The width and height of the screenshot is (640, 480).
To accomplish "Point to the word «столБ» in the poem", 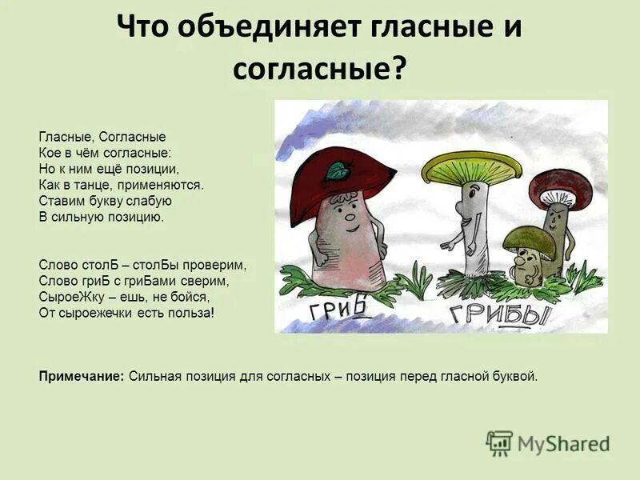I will [x=90, y=263].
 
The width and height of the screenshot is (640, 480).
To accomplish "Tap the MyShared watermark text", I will [x=563, y=443].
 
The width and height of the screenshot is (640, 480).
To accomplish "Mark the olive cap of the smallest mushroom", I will [x=529, y=238].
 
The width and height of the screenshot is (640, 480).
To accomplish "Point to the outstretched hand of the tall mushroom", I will [x=458, y=216].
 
